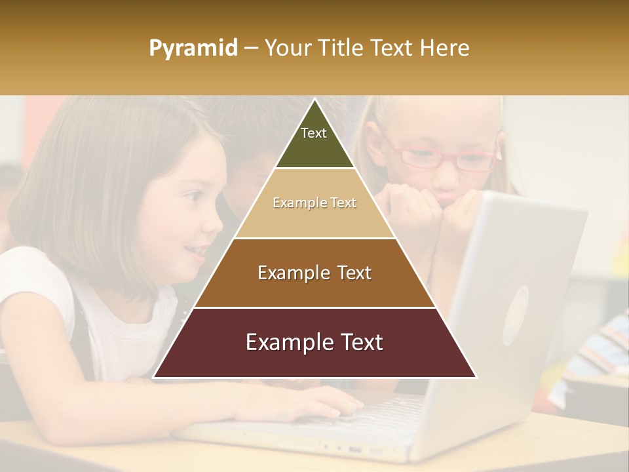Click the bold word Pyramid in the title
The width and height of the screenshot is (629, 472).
click(193, 49)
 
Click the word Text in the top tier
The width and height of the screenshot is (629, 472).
click(314, 133)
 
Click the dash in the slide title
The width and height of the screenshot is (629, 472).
click(251, 49)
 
